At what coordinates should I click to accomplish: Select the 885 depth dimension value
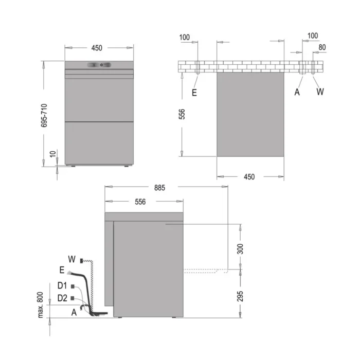160,188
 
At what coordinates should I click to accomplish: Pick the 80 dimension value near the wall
322,47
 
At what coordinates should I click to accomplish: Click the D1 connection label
62,286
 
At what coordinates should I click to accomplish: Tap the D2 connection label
62,298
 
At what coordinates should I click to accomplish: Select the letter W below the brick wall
320,92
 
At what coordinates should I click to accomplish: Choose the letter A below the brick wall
297,92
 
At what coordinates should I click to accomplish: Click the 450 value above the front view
97,48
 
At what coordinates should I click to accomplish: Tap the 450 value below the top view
249,176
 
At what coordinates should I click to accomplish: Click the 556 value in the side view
140,202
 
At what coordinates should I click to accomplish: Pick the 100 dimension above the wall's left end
185,38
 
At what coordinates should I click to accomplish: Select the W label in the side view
71,258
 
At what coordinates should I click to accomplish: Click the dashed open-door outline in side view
206,271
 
